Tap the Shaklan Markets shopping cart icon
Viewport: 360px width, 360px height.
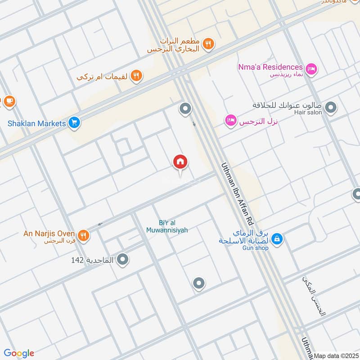(x=74, y=123)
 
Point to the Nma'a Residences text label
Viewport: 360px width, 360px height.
(x=270, y=67)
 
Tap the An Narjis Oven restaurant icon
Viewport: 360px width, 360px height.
(x=83, y=234)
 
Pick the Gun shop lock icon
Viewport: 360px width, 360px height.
(x=278, y=238)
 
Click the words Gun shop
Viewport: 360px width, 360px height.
(x=255, y=248)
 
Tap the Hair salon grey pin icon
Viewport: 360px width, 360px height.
(x=331, y=108)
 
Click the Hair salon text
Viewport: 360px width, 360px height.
(x=308, y=112)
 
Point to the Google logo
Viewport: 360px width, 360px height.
(x=19, y=353)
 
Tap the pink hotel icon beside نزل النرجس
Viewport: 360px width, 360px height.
(x=231, y=121)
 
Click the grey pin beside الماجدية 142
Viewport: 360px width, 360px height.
(x=123, y=260)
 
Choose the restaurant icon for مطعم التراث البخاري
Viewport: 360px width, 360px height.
(x=208, y=44)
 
